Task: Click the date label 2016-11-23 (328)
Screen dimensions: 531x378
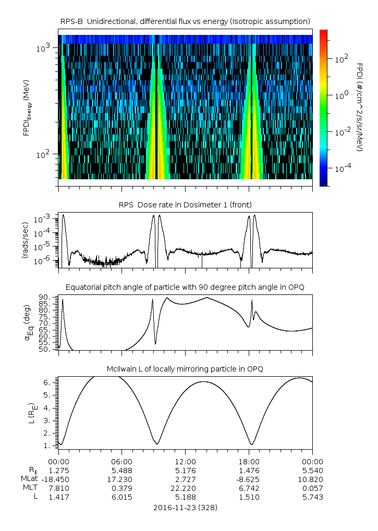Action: [185, 507]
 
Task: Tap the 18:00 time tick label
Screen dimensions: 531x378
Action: [249, 462]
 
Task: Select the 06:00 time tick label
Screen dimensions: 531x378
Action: [121, 462]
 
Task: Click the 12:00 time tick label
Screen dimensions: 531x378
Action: [185, 462]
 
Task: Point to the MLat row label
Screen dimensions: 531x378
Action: [30, 478]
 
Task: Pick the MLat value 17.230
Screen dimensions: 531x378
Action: [121, 478]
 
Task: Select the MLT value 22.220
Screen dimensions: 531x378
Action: [185, 488]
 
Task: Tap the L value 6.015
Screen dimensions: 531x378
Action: [121, 497]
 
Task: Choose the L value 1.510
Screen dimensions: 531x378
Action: [249, 497]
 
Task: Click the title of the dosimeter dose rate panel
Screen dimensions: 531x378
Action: [185, 204]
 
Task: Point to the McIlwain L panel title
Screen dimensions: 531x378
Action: [185, 369]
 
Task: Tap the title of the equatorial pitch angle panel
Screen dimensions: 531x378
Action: [185, 287]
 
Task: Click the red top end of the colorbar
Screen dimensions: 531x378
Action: [323, 32]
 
